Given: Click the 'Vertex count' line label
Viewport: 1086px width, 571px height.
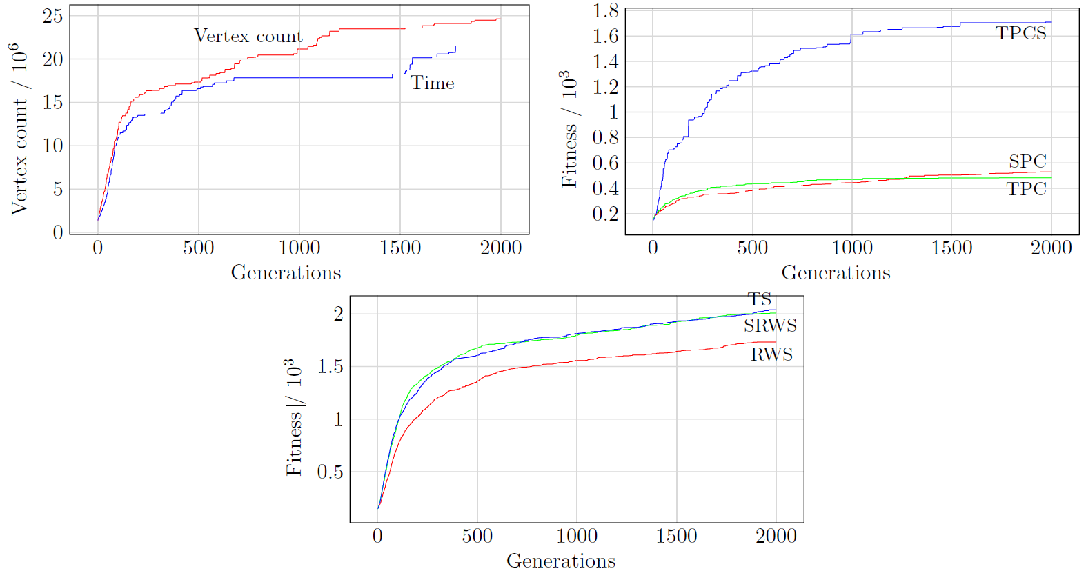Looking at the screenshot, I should click(x=248, y=36).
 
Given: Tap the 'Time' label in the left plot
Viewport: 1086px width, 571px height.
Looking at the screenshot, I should click(x=433, y=83).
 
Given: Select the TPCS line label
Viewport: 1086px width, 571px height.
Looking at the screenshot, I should click(x=1020, y=33).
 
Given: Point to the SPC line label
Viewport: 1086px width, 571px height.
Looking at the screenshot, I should click(x=1027, y=161).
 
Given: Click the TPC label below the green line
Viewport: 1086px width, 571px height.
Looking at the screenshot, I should click(x=1026, y=189).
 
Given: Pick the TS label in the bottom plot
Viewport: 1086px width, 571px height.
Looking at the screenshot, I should click(x=760, y=300).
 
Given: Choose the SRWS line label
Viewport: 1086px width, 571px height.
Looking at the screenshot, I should click(x=770, y=325).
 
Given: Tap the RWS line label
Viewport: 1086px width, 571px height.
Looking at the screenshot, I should click(x=771, y=354).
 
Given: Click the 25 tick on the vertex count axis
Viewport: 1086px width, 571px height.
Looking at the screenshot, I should click(x=52, y=16).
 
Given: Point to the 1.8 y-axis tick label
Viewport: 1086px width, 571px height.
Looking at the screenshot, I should click(x=605, y=10).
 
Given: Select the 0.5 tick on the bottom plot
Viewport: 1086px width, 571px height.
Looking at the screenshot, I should click(x=330, y=472).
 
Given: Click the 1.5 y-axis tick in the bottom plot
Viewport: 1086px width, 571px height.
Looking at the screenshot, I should click(x=330, y=366).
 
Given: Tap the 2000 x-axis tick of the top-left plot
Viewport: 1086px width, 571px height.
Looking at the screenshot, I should click(x=500, y=248).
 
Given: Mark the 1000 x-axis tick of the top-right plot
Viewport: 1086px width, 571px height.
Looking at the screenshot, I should click(x=851, y=248).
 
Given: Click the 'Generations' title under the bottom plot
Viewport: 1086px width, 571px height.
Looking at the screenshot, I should click(x=561, y=561).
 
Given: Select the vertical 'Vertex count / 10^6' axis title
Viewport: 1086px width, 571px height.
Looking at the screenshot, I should click(x=19, y=129).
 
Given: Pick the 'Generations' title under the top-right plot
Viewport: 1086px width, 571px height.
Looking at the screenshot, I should click(x=836, y=273).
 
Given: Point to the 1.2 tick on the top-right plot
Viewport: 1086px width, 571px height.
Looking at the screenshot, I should click(x=605, y=87).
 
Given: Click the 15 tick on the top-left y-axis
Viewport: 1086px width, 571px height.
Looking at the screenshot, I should click(x=52, y=103).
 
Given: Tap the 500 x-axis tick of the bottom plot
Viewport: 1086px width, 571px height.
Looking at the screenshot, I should click(x=477, y=536).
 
